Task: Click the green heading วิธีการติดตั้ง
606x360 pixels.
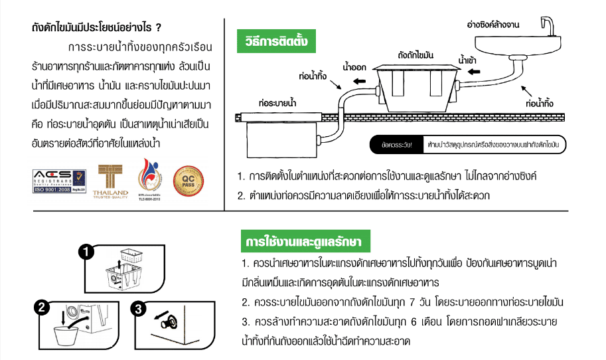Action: [276, 42]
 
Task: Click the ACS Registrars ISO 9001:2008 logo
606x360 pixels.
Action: [59, 181]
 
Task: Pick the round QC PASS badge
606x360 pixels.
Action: [189, 180]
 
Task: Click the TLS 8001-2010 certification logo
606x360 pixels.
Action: [149, 179]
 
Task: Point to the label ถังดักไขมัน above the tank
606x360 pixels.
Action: [416, 52]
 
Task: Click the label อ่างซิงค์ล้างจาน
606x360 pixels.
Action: [494, 25]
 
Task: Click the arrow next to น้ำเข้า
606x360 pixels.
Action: [469, 78]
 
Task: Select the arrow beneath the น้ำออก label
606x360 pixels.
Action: [361, 81]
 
